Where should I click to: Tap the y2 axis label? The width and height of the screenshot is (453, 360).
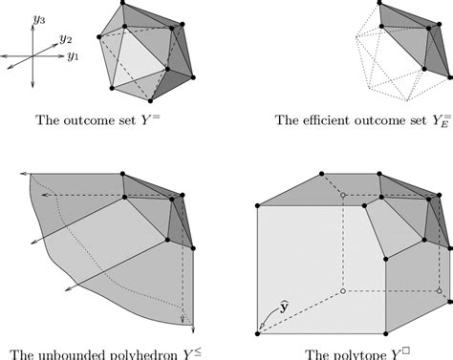[x=65, y=39]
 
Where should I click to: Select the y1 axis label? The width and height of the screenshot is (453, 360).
[x=73, y=56]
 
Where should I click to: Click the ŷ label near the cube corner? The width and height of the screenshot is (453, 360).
[x=284, y=307]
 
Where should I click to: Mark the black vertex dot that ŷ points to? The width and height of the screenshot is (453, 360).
[x=259, y=332]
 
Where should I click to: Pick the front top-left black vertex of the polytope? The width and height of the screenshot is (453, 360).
[x=259, y=204]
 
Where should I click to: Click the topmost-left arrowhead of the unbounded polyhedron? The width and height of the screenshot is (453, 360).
[x=31, y=176]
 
